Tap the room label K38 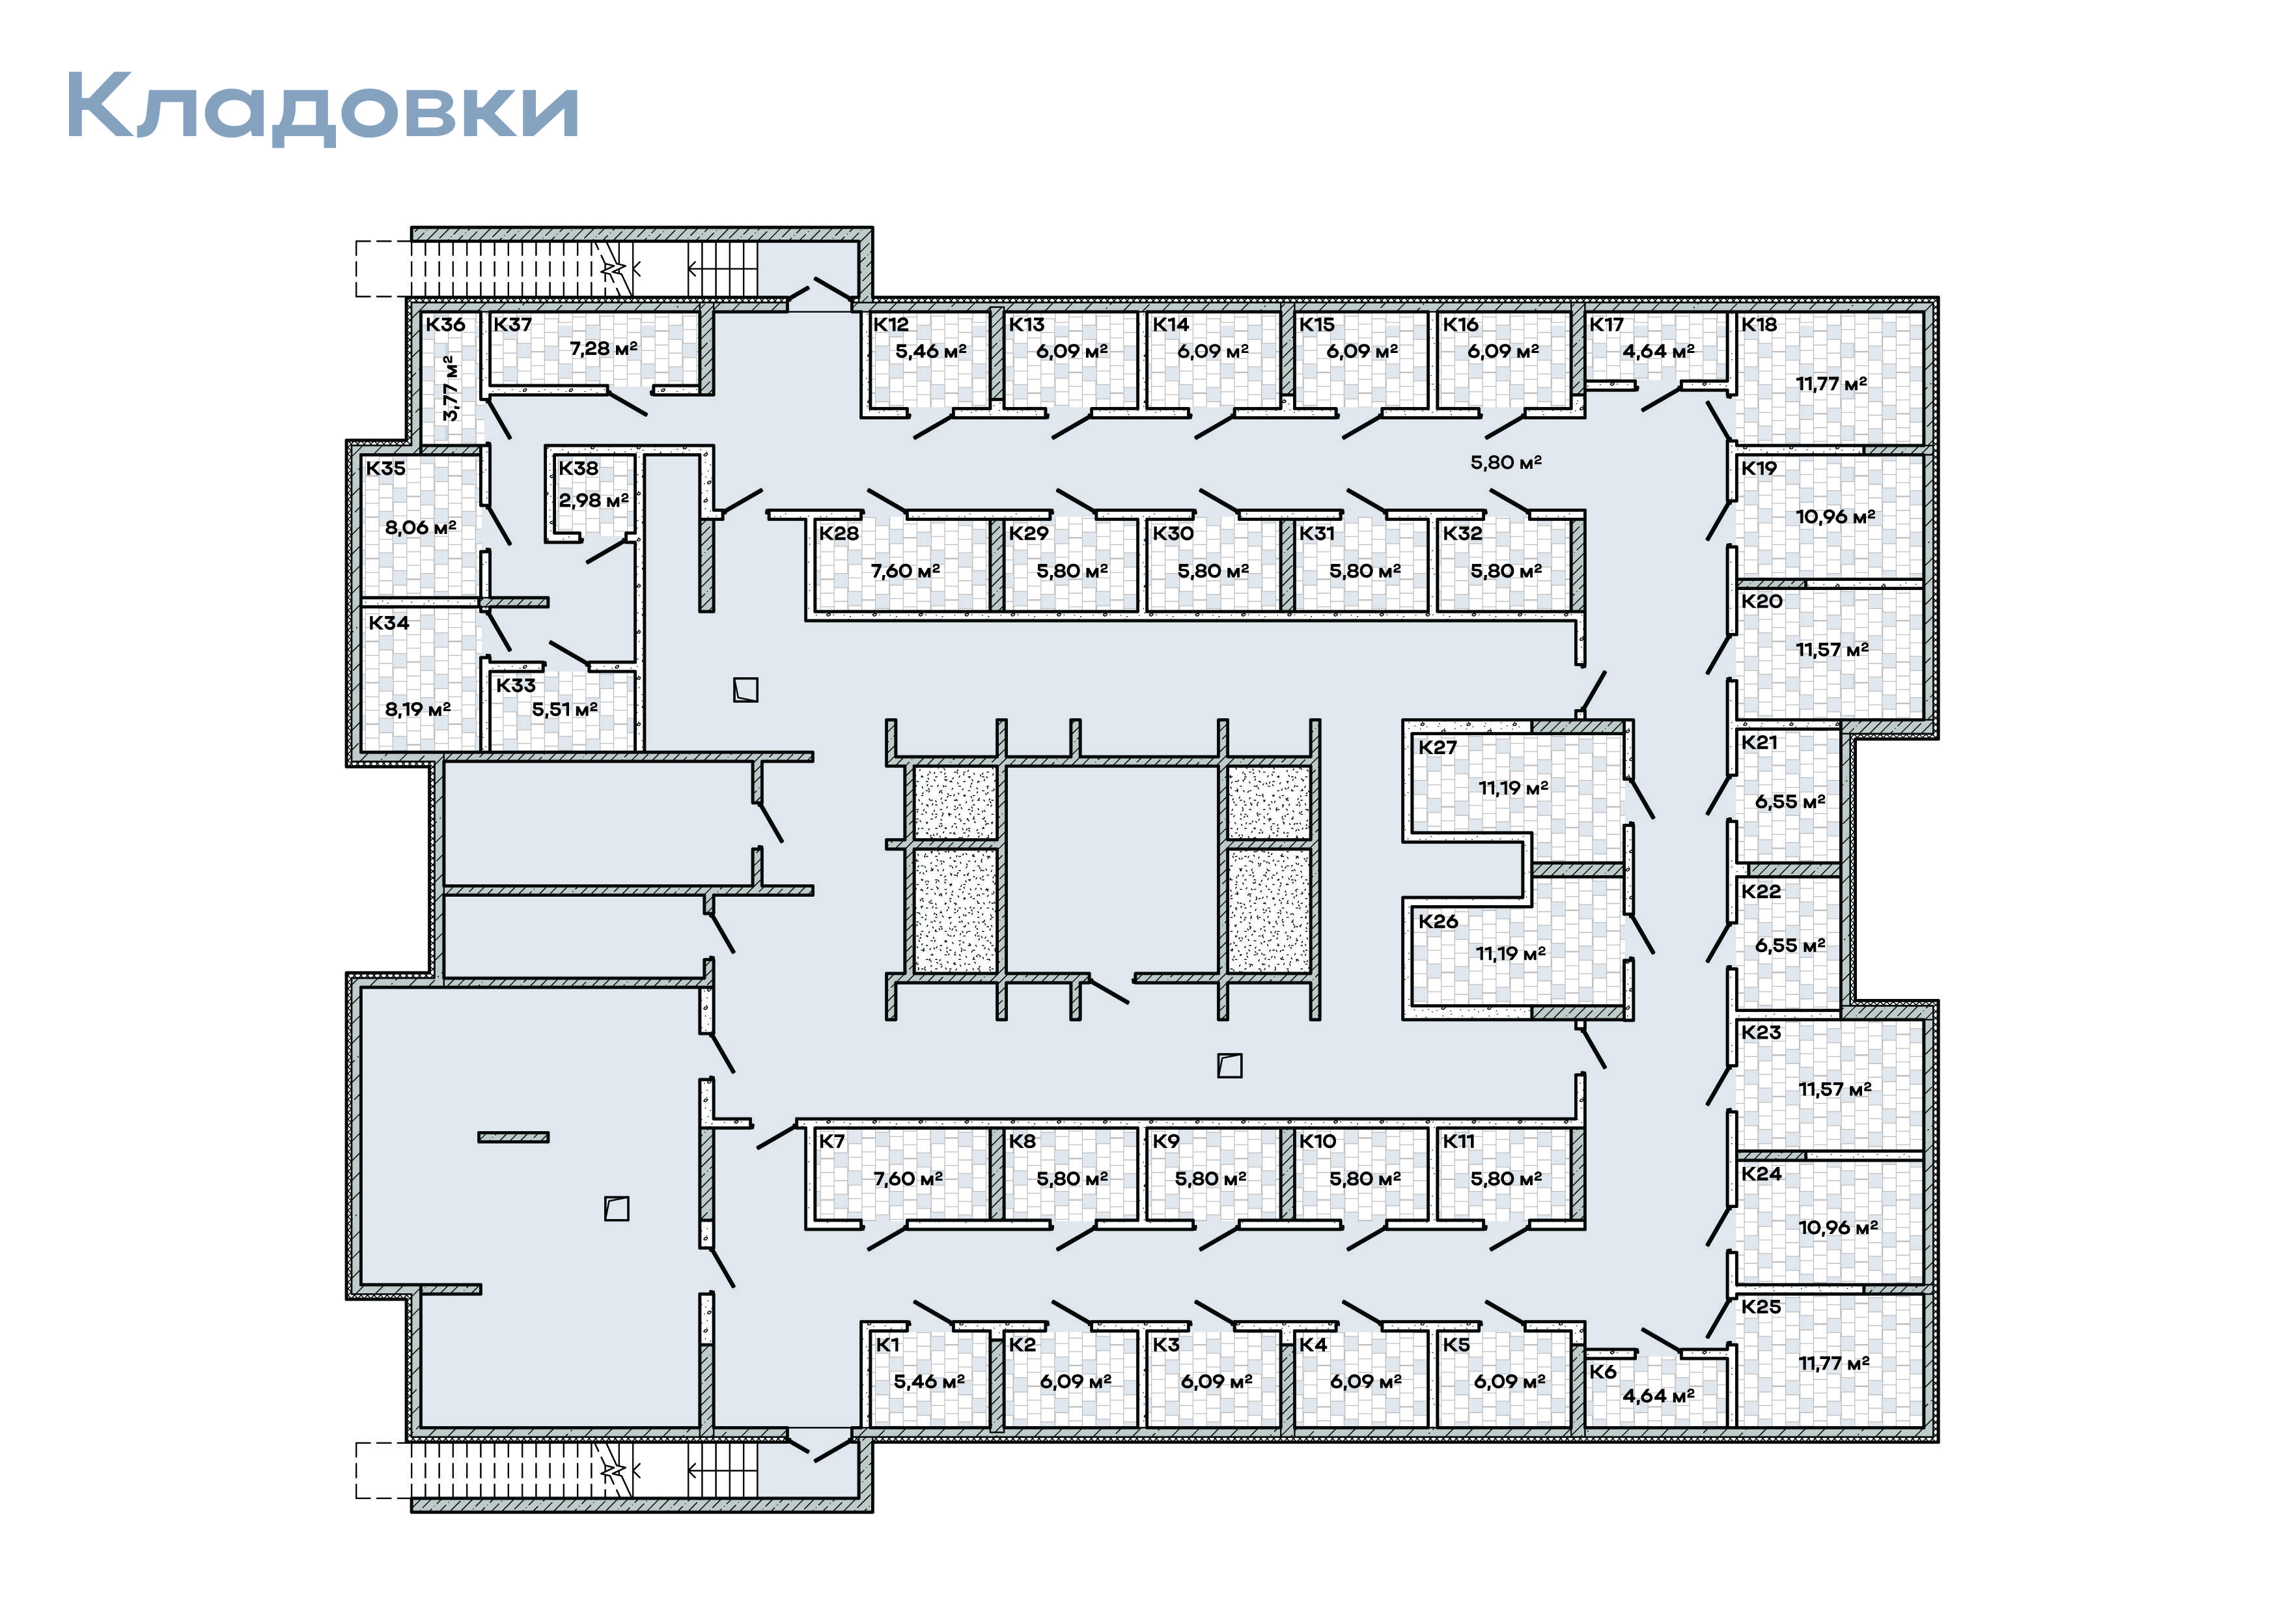[578, 468]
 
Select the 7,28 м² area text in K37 [603, 348]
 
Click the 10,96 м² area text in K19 [1835, 516]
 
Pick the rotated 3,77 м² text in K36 [451, 388]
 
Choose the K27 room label [1438, 748]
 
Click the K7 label [831, 1142]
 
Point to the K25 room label [1761, 1306]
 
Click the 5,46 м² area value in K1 [929, 1381]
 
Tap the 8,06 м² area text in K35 [421, 527]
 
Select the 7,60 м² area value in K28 [905, 570]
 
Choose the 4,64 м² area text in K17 [1658, 350]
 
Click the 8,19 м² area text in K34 [418, 709]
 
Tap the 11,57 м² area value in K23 [1834, 1089]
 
